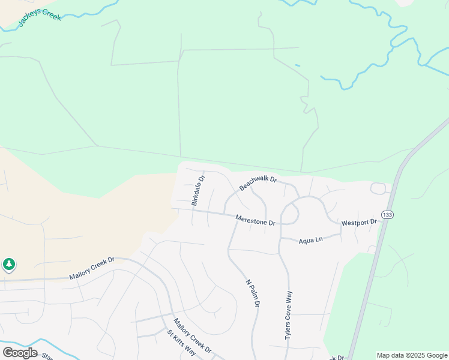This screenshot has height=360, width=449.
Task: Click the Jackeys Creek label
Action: (x=40, y=13)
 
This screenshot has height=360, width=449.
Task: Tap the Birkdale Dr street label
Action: (x=199, y=190)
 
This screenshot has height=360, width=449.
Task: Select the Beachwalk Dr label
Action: (x=258, y=183)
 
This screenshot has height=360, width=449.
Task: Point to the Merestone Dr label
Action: (x=255, y=220)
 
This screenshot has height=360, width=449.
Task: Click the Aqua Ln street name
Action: (x=310, y=239)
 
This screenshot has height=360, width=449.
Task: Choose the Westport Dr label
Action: (x=358, y=223)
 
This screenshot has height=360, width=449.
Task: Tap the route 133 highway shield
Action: (x=387, y=215)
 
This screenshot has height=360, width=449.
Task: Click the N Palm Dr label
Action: (x=253, y=293)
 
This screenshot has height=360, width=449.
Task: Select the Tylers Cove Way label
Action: (x=289, y=316)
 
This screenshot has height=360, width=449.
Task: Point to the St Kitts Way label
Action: (x=181, y=342)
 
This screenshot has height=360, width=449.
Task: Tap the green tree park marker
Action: (x=9, y=264)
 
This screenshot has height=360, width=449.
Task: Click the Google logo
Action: (x=20, y=352)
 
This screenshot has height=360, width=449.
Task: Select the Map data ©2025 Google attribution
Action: (x=412, y=355)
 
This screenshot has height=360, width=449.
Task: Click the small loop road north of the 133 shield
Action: (x=378, y=188)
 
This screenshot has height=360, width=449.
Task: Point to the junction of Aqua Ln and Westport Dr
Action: (x=341, y=233)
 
